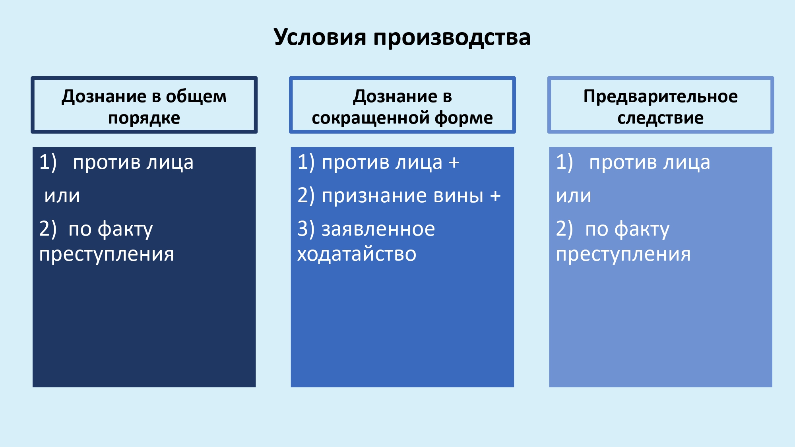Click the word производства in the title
click(452, 38)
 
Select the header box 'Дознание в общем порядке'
click(144, 105)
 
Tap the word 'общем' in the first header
click(196, 97)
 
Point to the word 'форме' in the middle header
click(463, 118)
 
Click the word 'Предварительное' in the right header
click(660, 97)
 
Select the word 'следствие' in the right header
click(660, 118)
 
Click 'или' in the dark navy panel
click(62, 196)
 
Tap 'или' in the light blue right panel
click(574, 196)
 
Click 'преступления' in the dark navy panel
click(107, 254)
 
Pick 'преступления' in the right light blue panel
click(623, 254)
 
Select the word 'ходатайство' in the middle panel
click(357, 254)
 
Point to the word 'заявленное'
click(378, 229)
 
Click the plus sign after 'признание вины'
click(495, 196)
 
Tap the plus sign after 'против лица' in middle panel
click(454, 163)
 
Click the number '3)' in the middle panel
click(306, 229)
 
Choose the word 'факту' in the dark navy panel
click(125, 229)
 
